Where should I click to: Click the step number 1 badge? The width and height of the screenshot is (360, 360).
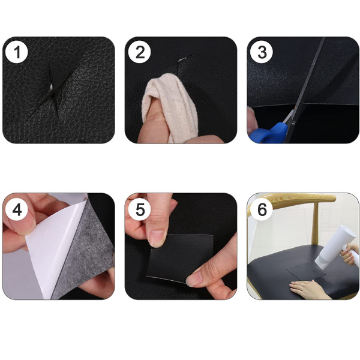(x=17, y=52)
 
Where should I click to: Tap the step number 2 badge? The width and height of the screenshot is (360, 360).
(x=139, y=52)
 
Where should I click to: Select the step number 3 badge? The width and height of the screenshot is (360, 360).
(x=262, y=52)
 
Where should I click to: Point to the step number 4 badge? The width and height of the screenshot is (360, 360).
(x=17, y=209)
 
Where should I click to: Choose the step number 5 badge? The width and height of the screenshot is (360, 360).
(x=139, y=209)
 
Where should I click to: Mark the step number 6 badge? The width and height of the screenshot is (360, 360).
(x=262, y=209)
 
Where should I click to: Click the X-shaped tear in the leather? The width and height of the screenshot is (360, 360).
(x=53, y=91)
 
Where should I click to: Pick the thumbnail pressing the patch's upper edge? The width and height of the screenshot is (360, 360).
(x=157, y=238)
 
